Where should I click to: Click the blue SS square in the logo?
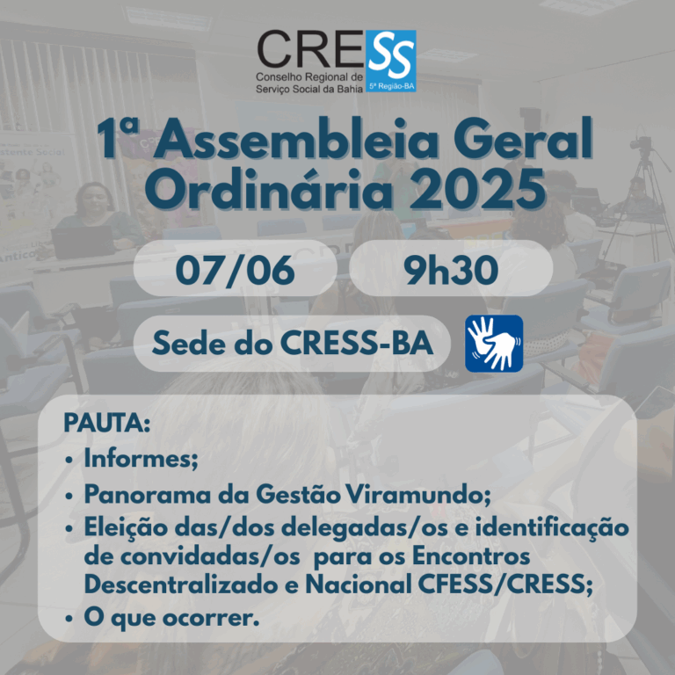click(392, 55)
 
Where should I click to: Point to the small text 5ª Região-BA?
click(393, 86)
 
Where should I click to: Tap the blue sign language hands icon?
click(494, 343)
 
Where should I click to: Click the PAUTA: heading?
click(106, 424)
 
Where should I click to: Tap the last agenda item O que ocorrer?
click(171, 618)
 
